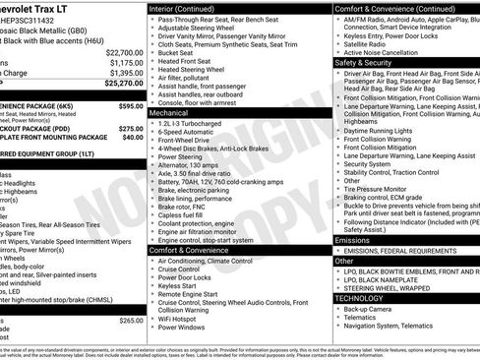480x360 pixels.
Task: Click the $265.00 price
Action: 130,321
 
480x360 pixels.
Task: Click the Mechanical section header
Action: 169,113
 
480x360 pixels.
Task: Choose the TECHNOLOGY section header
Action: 359,297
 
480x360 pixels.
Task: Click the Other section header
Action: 343,261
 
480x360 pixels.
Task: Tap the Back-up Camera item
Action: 369,309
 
